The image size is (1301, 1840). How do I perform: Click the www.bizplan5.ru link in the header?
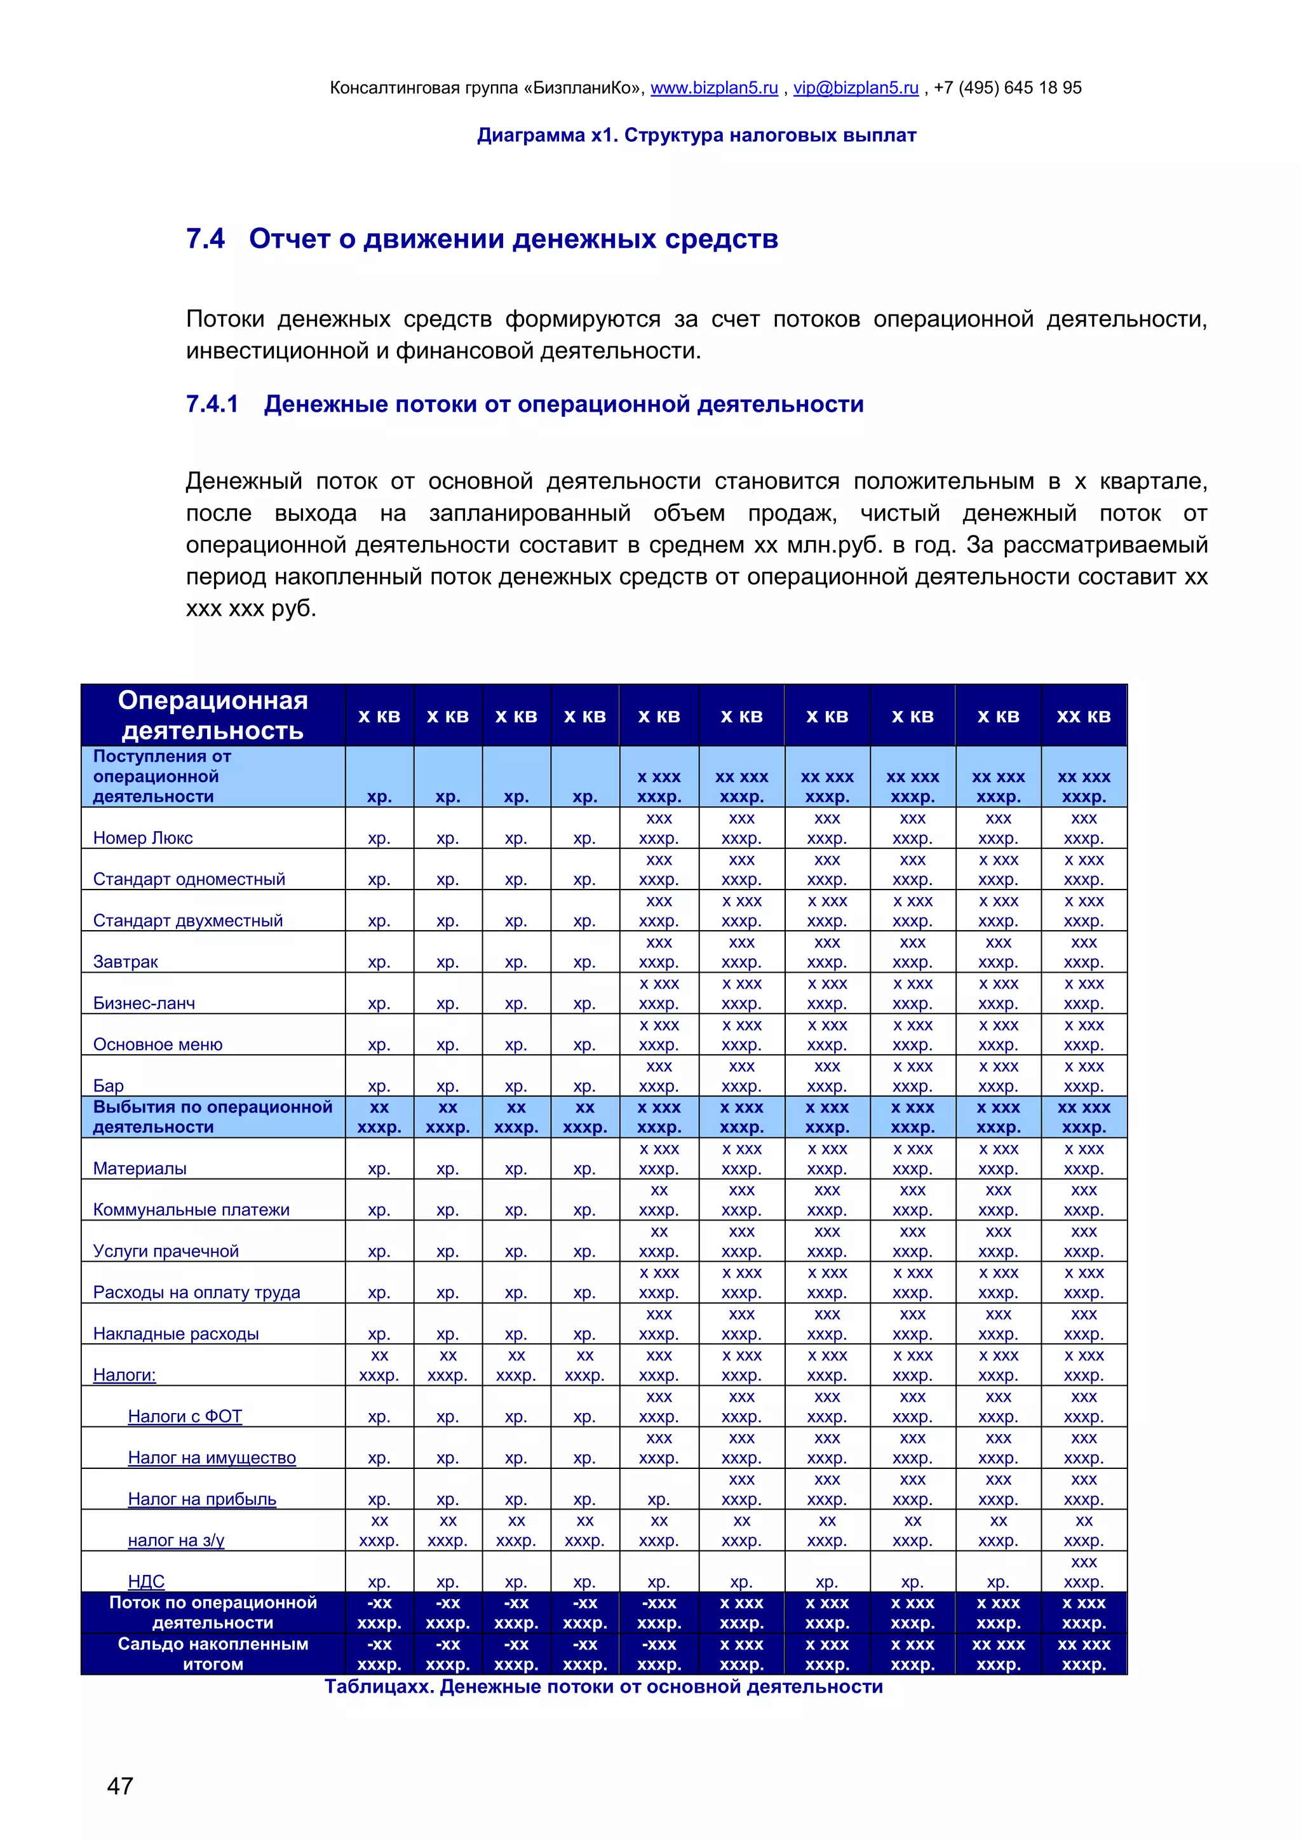[714, 88]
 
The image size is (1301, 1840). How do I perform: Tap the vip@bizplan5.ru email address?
[856, 88]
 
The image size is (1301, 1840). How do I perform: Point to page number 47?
[120, 1785]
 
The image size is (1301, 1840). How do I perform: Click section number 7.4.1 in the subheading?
[212, 404]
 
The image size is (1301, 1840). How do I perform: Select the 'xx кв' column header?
[1083, 717]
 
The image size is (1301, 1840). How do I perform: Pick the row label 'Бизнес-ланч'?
[144, 1003]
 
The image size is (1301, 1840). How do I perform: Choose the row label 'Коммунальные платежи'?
[191, 1210]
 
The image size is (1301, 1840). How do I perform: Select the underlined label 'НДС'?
[146, 1581]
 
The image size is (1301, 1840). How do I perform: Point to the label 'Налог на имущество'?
[212, 1458]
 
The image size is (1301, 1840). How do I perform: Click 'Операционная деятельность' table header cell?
[212, 715]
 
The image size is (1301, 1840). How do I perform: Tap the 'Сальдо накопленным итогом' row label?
[212, 1653]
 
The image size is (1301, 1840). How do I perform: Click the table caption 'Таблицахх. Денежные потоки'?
[603, 1687]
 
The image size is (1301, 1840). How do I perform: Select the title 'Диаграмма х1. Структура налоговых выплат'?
[696, 135]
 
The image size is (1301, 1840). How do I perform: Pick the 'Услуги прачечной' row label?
[166, 1251]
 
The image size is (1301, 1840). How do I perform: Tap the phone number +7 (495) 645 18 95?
[1007, 88]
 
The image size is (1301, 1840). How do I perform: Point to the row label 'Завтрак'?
[126, 962]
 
